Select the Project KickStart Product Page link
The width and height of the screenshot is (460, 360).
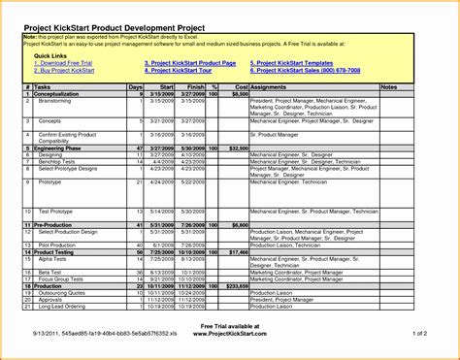pos(190,63)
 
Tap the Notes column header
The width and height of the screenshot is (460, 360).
pos(389,86)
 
